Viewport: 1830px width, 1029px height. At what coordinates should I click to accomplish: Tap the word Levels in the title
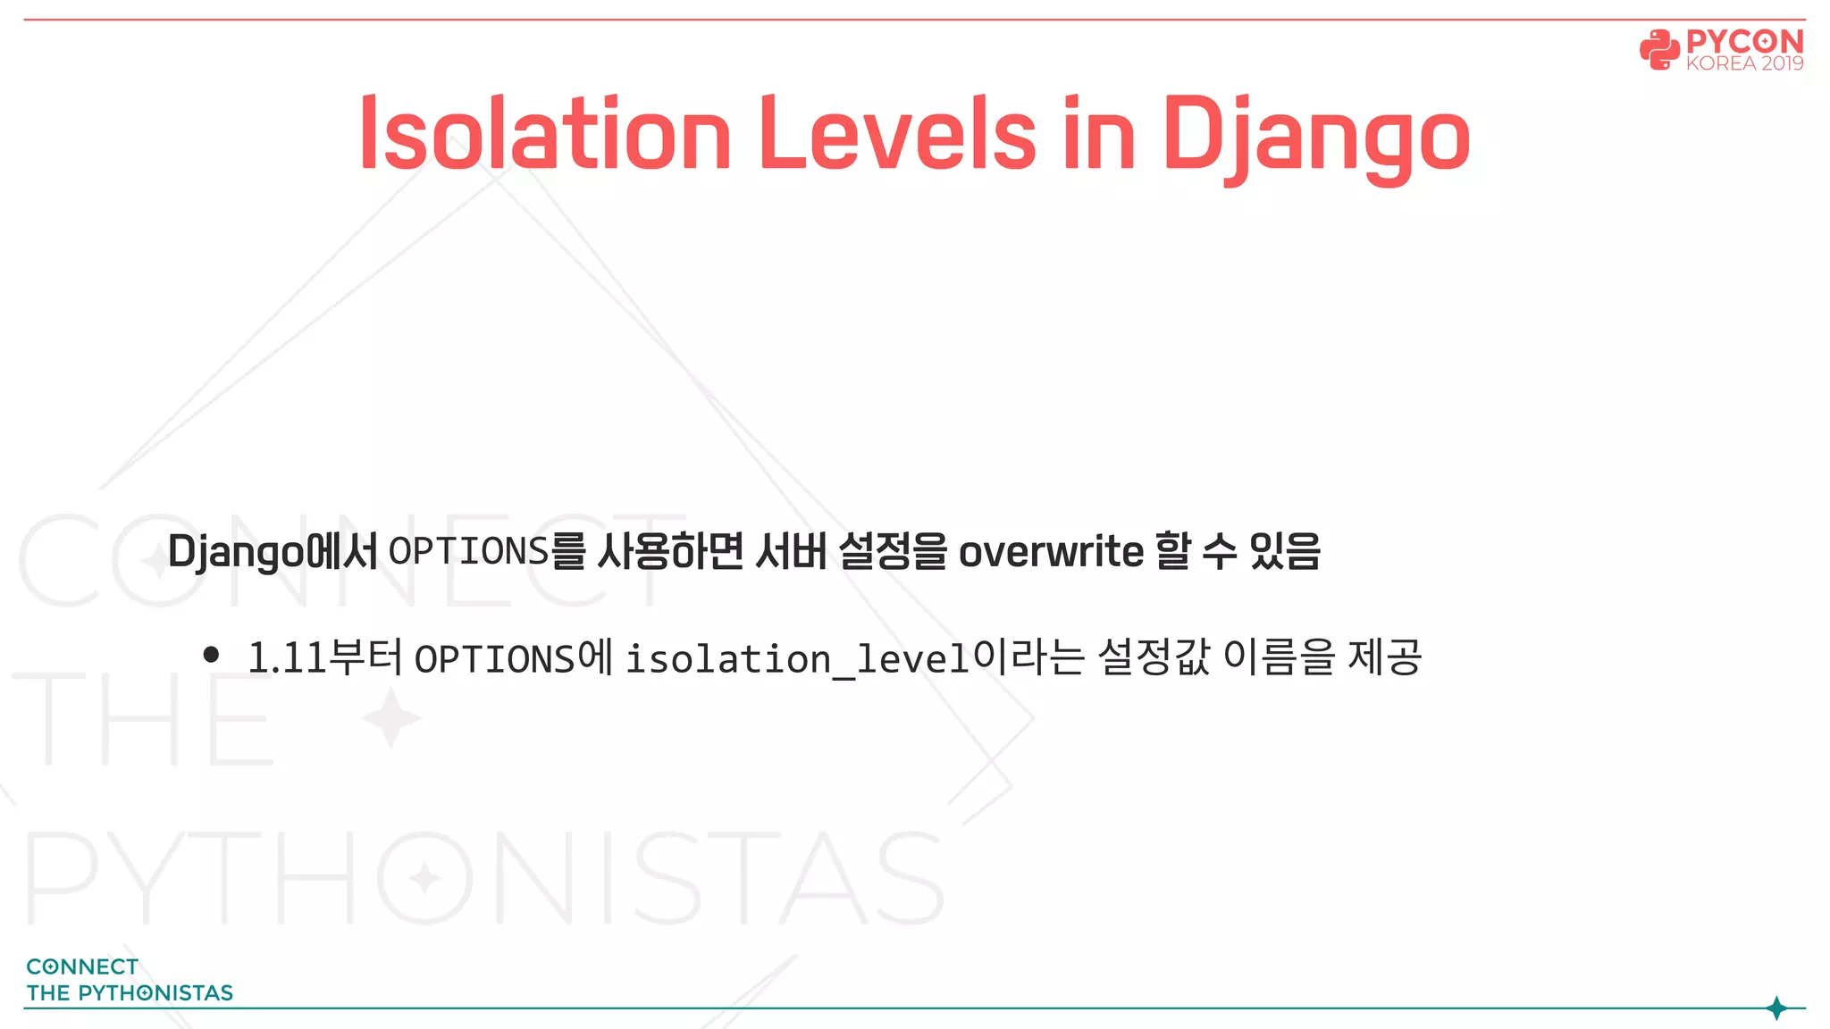(897, 134)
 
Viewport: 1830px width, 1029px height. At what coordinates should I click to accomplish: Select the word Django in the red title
(1315, 136)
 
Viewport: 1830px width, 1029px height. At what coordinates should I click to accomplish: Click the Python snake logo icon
(1659, 50)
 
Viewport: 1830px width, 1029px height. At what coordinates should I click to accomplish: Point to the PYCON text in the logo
(1744, 41)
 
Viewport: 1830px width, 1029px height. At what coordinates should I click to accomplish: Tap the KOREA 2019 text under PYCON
(1744, 64)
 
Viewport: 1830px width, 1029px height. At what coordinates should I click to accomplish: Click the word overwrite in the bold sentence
(1051, 551)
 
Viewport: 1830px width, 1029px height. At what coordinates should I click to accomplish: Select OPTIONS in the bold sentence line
(468, 551)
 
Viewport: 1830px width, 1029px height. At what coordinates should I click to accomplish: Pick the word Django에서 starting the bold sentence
(273, 551)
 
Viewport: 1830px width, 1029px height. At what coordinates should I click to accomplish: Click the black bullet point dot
(212, 655)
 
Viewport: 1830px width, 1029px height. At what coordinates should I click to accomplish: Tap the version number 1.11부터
(324, 657)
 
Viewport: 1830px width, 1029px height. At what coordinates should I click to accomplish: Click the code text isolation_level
(797, 659)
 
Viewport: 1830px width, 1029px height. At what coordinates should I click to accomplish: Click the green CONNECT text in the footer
(82, 966)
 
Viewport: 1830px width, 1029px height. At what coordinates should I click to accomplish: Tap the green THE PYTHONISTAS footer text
(130, 992)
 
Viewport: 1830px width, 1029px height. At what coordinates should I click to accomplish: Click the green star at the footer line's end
(1776, 1008)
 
